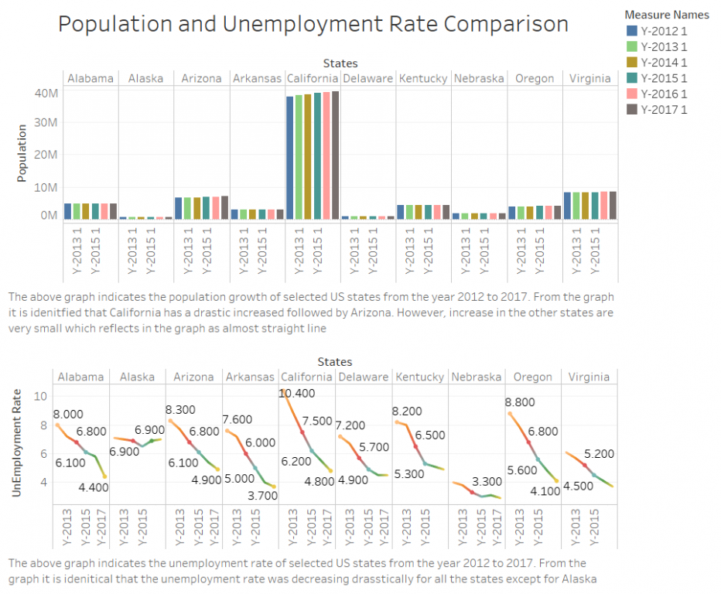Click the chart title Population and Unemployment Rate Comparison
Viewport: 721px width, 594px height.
(x=313, y=24)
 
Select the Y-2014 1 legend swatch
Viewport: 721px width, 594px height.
(x=631, y=62)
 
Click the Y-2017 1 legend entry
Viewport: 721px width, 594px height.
(x=663, y=109)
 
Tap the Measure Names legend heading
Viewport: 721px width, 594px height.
(x=668, y=15)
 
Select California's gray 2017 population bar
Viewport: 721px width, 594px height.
(x=335, y=155)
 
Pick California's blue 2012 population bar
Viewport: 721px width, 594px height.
(x=290, y=158)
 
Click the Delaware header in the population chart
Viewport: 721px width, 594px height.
(x=367, y=78)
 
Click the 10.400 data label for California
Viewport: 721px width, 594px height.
(x=297, y=394)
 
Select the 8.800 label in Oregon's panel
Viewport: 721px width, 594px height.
(x=521, y=402)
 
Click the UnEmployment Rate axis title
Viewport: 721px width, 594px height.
(x=17, y=442)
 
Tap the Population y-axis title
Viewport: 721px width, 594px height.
(x=22, y=153)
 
